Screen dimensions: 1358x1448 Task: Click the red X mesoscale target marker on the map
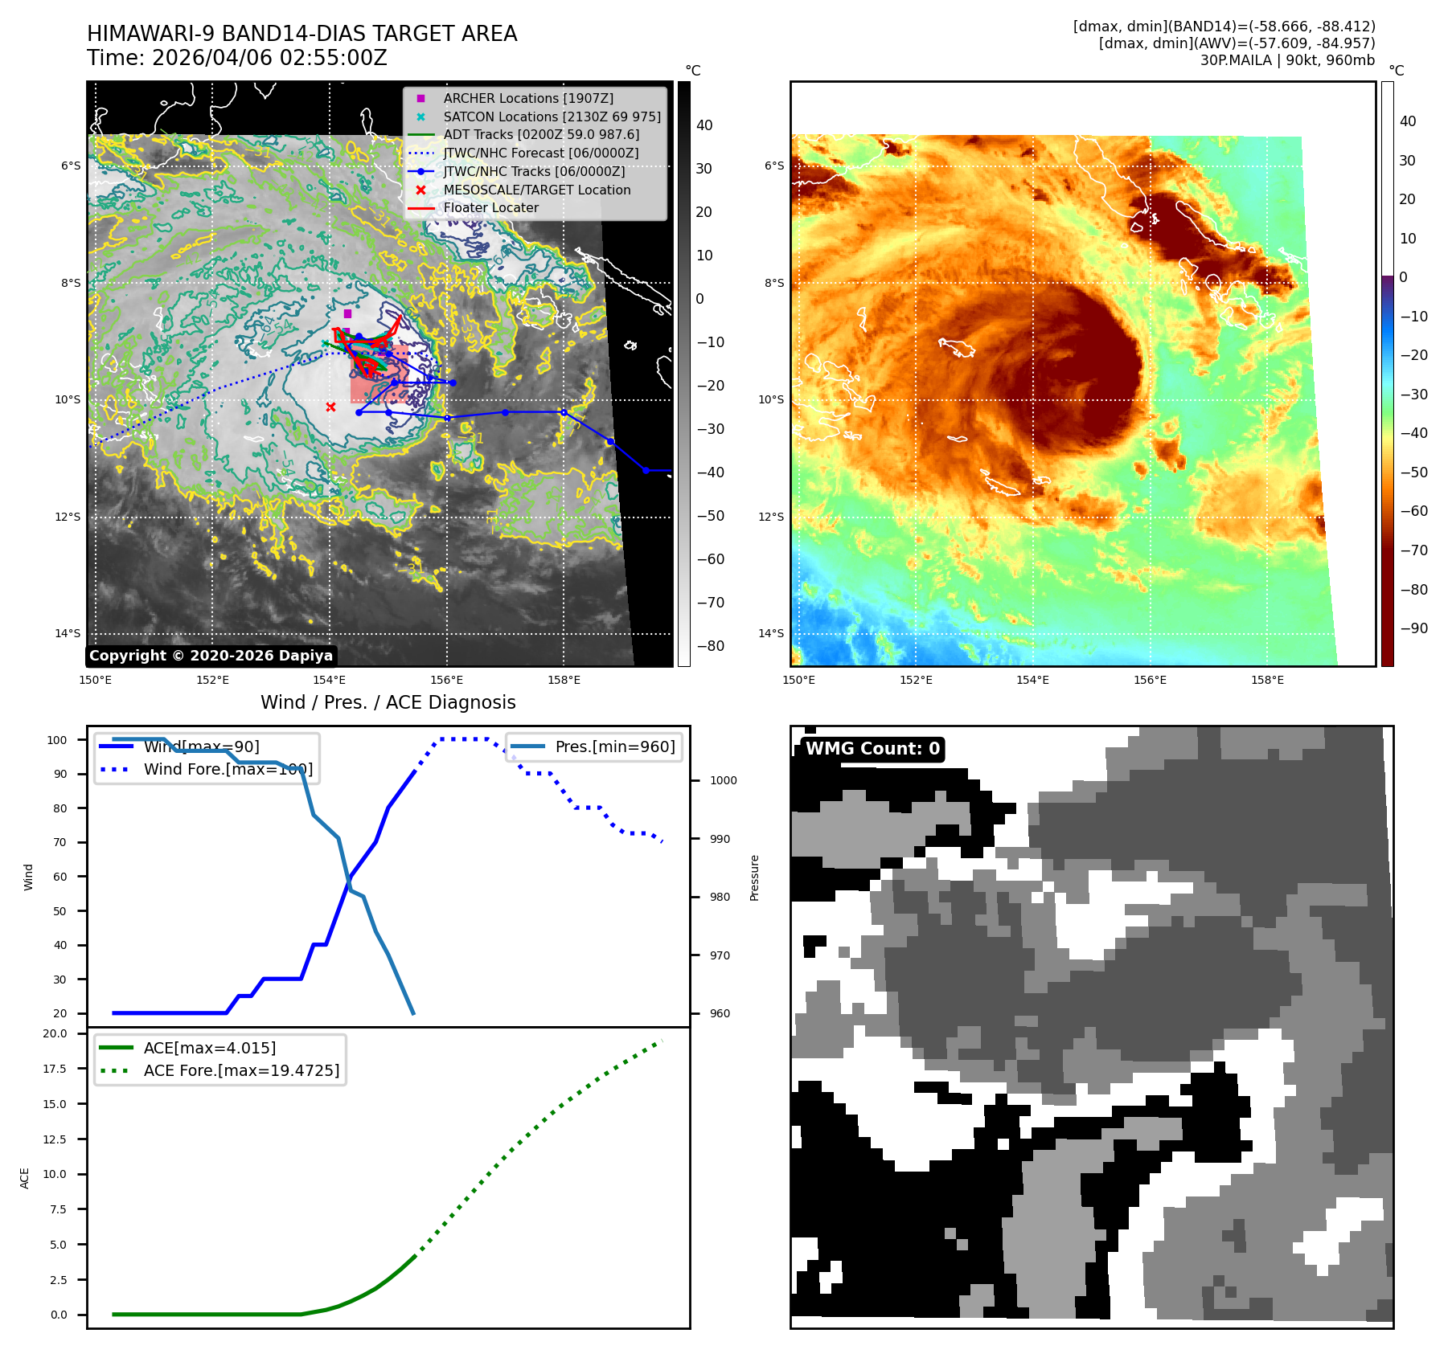330,407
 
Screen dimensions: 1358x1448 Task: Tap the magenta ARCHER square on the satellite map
347,313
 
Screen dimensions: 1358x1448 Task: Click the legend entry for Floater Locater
490,208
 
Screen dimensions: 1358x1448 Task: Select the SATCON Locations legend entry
552,117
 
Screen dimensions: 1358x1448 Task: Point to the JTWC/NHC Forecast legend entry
540,153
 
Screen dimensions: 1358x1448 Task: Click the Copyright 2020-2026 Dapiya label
211,656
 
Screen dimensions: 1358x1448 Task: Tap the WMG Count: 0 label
872,749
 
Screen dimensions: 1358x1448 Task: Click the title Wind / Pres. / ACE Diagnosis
388,703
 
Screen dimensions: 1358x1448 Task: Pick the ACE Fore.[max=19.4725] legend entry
241,1071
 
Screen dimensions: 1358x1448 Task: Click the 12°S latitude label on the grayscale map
68,517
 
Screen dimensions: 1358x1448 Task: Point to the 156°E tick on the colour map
1150,681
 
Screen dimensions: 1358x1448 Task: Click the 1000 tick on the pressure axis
723,780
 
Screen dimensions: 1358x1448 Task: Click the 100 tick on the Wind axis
57,740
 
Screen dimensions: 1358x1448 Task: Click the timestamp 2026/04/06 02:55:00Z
269,59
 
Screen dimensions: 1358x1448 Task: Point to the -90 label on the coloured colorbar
1413,628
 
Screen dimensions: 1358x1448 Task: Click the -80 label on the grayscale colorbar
710,646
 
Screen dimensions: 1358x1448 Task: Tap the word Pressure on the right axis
754,877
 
